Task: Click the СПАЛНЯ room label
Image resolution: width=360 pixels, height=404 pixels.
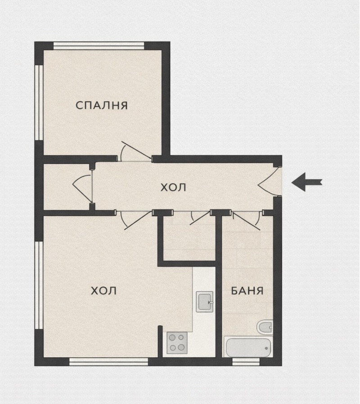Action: click(102, 105)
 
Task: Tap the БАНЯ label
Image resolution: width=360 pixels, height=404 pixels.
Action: click(247, 291)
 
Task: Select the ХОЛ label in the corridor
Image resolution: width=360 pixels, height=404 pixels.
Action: click(173, 187)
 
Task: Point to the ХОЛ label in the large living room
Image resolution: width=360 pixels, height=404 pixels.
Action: click(104, 291)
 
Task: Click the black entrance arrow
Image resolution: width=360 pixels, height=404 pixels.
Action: click(307, 182)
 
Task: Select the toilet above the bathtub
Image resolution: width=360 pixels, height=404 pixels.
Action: click(265, 327)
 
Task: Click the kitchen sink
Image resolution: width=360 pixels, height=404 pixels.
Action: click(205, 302)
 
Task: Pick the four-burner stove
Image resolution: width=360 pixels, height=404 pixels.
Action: click(177, 343)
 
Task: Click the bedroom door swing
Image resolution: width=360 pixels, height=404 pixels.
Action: click(134, 152)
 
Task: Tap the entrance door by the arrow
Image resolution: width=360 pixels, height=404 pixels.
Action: click(269, 181)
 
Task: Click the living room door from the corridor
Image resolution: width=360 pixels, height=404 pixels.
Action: click(134, 220)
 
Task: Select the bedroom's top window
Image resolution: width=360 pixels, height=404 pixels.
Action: click(99, 45)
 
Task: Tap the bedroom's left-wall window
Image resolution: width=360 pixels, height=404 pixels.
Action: click(39, 102)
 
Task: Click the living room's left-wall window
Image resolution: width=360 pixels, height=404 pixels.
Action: click(39, 285)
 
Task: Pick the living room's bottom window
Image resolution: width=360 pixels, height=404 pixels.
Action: click(108, 362)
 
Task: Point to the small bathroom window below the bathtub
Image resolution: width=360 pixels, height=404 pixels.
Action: click(246, 362)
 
